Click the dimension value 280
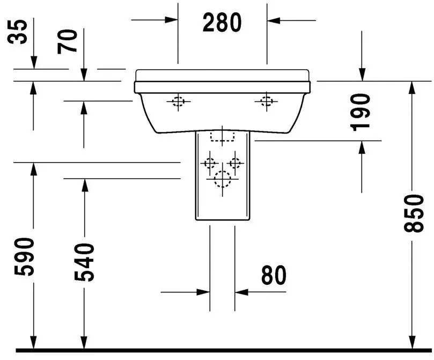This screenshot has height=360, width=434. (x=222, y=23)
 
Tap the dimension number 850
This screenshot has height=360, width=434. (x=414, y=213)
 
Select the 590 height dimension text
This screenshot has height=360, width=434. (x=24, y=256)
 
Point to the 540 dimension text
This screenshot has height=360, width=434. (x=84, y=262)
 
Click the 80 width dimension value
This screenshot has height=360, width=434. (x=274, y=275)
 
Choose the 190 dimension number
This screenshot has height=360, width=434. (x=360, y=112)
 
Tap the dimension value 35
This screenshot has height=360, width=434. (x=18, y=32)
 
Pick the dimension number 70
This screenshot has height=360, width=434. (x=67, y=41)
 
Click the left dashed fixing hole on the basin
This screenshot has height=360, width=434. (x=178, y=101)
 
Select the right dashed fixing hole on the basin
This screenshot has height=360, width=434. (x=267, y=101)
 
